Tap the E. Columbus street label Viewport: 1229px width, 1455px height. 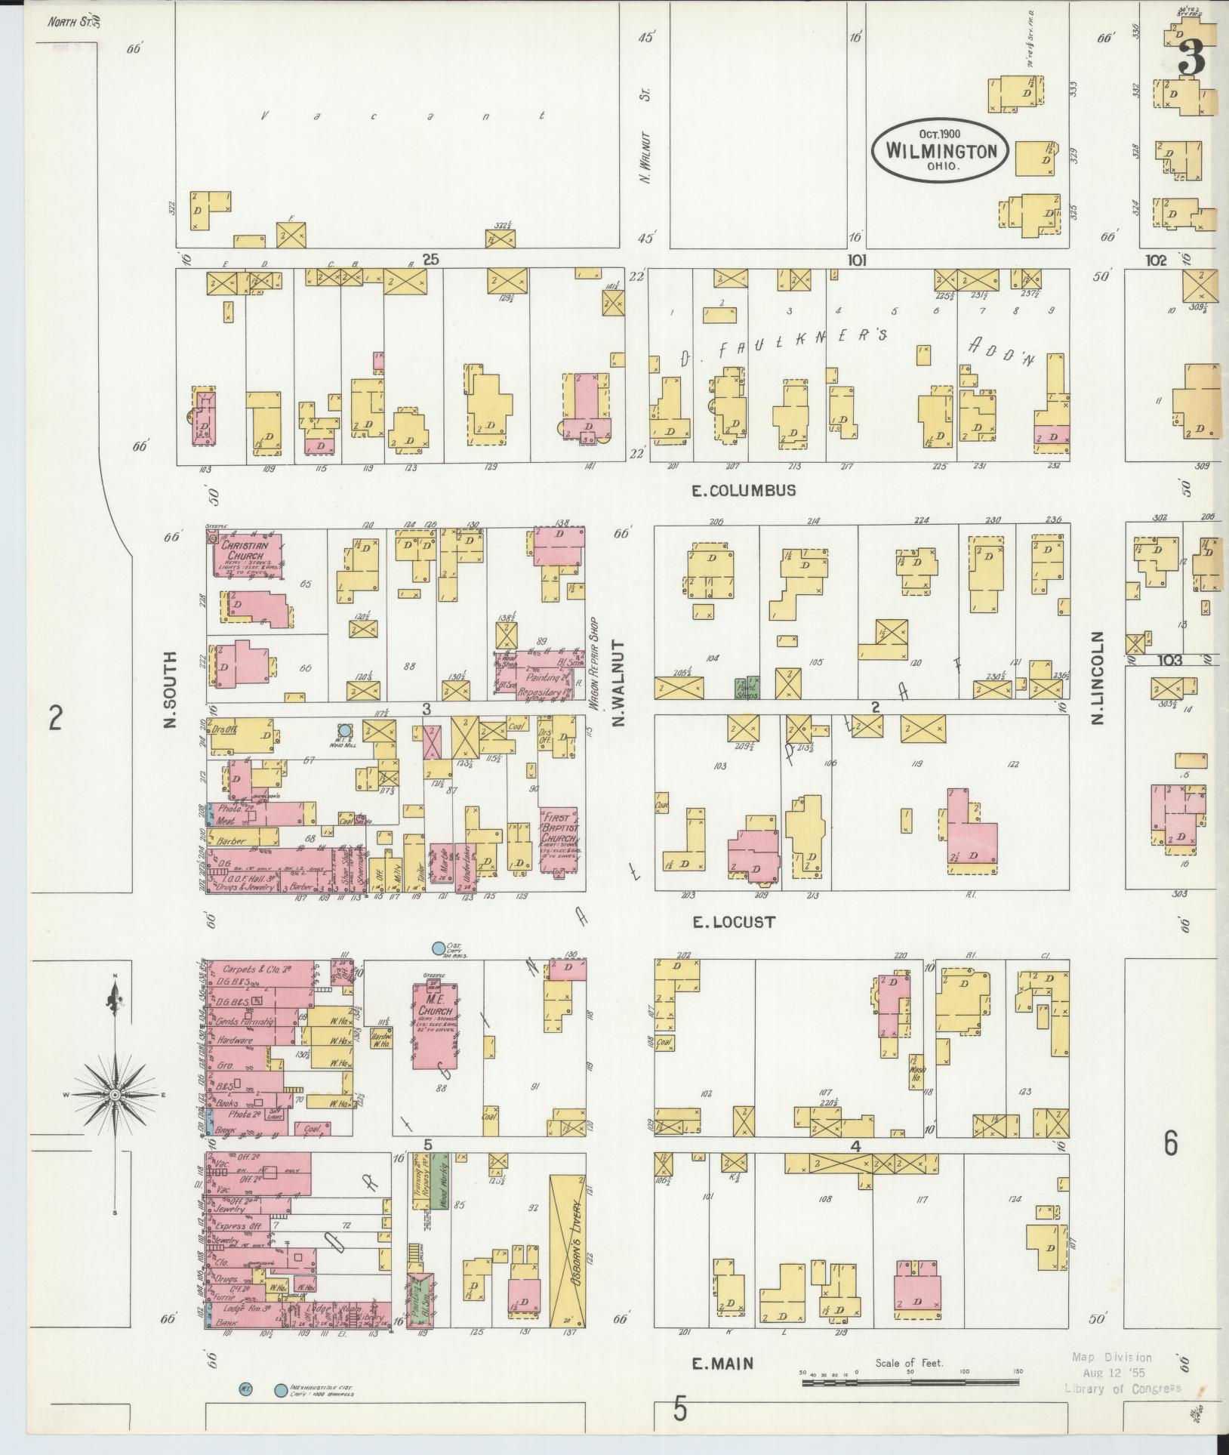point(744,490)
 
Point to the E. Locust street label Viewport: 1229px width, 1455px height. point(735,922)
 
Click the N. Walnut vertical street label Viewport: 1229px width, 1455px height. point(619,684)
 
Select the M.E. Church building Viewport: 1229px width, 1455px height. point(433,1023)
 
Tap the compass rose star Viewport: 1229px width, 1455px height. point(115,1094)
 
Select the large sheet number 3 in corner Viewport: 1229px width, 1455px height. point(1190,57)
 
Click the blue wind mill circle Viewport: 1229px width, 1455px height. point(344,730)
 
